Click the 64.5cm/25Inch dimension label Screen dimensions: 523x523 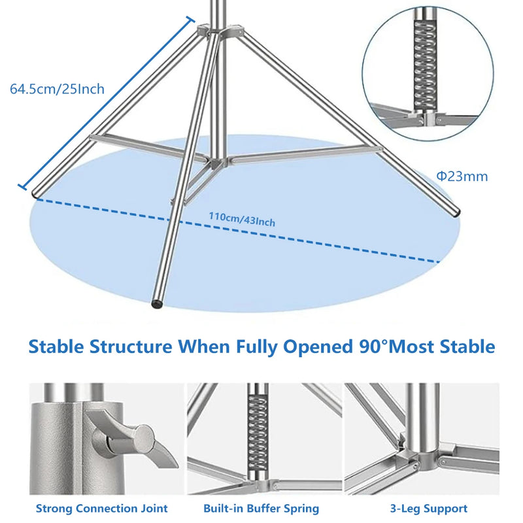tap(57, 89)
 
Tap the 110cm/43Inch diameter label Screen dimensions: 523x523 tap(242, 220)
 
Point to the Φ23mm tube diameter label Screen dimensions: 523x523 tap(462, 177)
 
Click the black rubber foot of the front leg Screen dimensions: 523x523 tap(157, 303)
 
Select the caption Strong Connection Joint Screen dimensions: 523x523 tap(102, 509)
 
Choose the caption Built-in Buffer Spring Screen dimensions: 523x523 tap(261, 509)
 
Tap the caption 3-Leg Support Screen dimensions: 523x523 tap(429, 509)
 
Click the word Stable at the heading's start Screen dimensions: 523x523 tap(56, 346)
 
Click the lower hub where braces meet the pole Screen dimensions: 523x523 tap(217, 162)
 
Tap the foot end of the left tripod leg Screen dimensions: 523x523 tap(36, 193)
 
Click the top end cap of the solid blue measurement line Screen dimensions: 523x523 tap(190, 20)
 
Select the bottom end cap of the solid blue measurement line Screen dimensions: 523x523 tap(22, 186)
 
